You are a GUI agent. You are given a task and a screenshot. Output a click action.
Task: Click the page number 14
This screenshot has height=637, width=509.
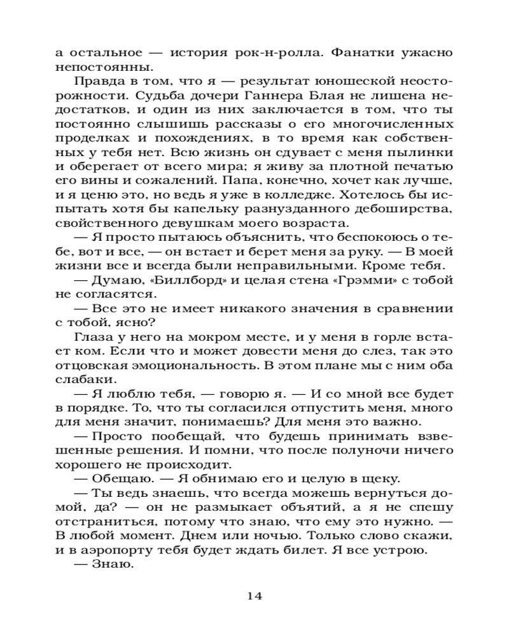click(254, 596)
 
